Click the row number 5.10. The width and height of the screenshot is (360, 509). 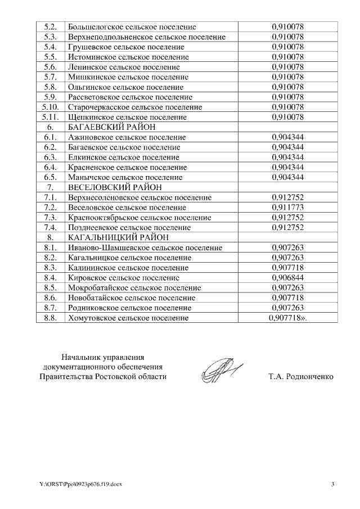point(50,107)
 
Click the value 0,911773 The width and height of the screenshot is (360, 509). point(287,208)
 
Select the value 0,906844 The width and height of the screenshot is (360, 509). point(287,278)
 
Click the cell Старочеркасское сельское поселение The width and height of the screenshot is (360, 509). point(134,107)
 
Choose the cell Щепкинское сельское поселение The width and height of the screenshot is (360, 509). point(127,117)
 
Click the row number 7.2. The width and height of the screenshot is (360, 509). point(50,208)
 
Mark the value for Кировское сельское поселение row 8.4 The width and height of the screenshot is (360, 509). point(287,278)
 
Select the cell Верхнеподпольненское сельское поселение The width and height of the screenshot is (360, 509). point(146,37)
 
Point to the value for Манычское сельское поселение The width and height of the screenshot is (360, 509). point(287,177)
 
